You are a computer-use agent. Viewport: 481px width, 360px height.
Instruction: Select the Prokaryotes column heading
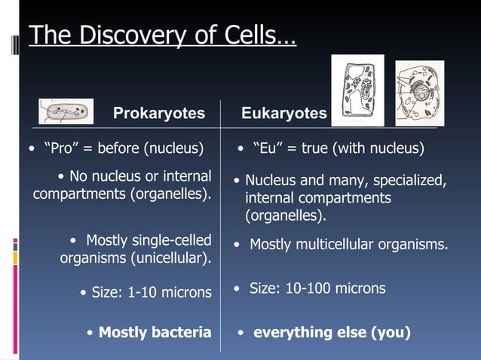pyautogui.click(x=158, y=113)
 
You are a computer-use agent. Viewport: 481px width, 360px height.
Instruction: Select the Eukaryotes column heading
pyautogui.click(x=284, y=113)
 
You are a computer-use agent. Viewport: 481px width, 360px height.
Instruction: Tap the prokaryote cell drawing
pyautogui.click(x=66, y=111)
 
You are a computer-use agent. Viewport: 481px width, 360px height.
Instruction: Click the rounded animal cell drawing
pyautogui.click(x=420, y=93)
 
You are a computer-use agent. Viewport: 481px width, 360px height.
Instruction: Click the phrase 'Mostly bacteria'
pyautogui.click(x=155, y=332)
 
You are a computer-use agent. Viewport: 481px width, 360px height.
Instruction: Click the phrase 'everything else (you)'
pyautogui.click(x=332, y=332)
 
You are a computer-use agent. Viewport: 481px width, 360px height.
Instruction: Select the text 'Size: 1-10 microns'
pyautogui.click(x=151, y=292)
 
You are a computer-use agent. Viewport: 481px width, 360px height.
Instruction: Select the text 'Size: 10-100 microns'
pyautogui.click(x=317, y=288)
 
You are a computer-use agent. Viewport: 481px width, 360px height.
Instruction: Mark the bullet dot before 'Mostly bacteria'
pyautogui.click(x=90, y=333)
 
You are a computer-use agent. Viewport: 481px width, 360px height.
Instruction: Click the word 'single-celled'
pyautogui.click(x=170, y=240)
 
